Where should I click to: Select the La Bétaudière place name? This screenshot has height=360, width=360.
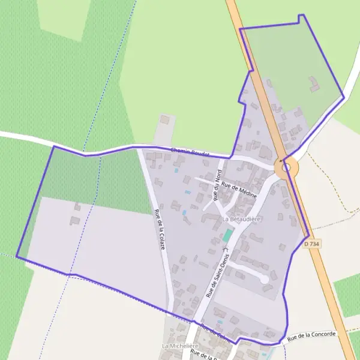(241, 220)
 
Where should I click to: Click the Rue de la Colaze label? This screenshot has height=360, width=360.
(160, 230)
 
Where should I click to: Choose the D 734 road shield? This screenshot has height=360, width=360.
(311, 244)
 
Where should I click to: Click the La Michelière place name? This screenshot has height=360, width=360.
(179, 347)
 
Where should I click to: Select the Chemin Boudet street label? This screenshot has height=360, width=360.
(190, 152)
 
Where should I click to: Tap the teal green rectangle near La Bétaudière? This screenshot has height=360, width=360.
(227, 236)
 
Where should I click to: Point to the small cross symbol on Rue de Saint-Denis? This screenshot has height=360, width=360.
(226, 248)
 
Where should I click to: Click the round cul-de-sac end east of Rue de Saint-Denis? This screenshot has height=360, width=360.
(264, 279)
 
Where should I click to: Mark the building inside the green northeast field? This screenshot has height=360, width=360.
(314, 85)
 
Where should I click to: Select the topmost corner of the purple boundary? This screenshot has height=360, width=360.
(302, 15)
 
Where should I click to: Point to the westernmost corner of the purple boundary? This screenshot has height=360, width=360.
(16, 257)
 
